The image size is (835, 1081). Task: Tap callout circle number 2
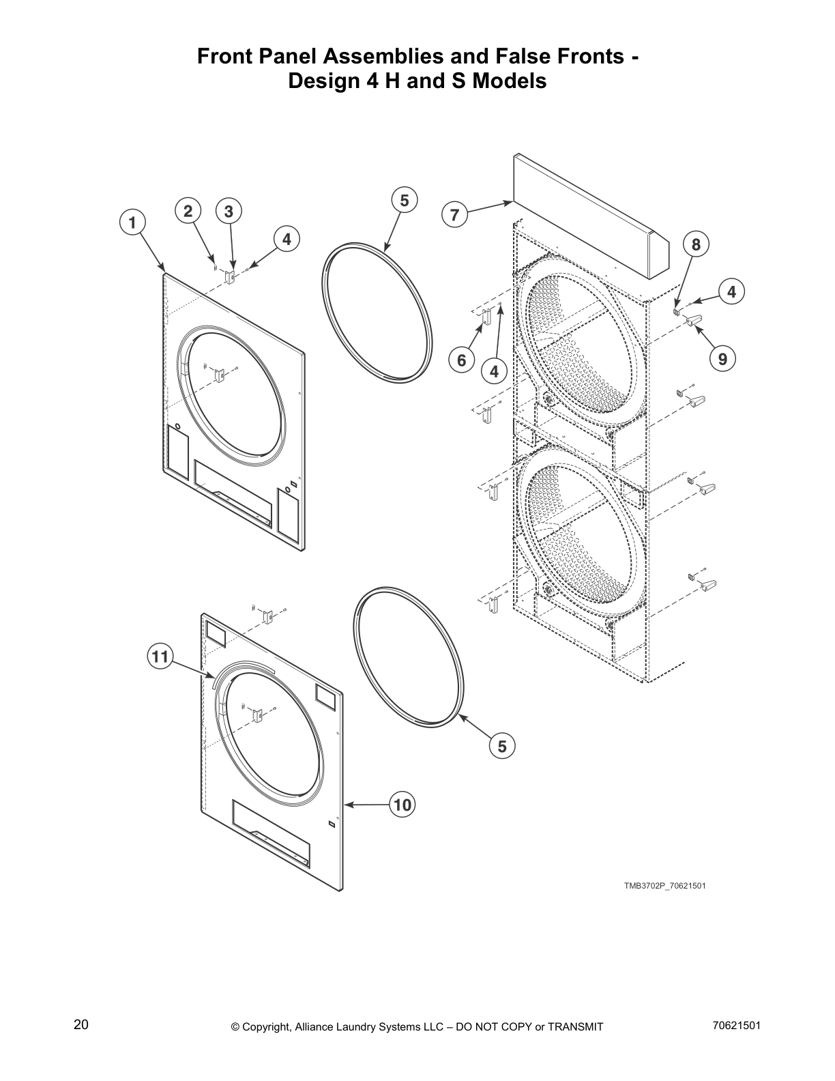tap(188, 212)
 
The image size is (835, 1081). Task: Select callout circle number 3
tap(229, 212)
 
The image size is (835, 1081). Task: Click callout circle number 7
tap(454, 215)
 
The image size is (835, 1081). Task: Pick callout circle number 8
tap(696, 244)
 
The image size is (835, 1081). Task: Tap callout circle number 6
tap(461, 360)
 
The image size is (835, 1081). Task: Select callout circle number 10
tap(402, 805)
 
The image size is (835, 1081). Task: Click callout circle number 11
tap(160, 657)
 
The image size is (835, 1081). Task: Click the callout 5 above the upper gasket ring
tap(404, 201)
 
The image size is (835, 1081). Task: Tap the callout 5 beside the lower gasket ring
tap(502, 746)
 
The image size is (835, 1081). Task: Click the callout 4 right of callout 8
tap(731, 292)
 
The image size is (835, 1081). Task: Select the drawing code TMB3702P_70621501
tap(664, 886)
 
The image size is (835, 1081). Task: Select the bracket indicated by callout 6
tap(486, 319)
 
